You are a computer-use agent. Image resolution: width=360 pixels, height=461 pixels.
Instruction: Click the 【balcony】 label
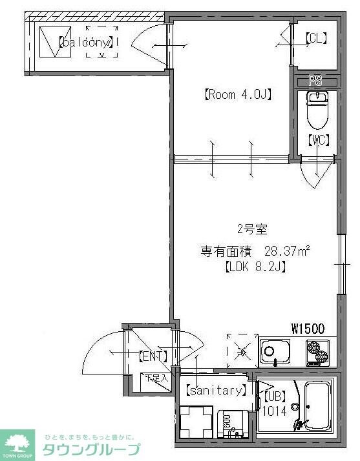(x=87, y=43)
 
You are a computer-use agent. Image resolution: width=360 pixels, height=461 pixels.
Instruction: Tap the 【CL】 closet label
(x=316, y=39)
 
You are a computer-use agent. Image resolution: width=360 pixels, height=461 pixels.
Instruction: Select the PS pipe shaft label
(x=315, y=81)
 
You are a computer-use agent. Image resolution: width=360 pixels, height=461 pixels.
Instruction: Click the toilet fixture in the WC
(x=316, y=109)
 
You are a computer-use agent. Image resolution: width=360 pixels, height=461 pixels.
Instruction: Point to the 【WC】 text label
(x=317, y=139)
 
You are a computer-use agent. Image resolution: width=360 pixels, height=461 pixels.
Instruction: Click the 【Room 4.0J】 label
(x=237, y=95)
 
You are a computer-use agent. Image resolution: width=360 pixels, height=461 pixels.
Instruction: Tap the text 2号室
(x=251, y=229)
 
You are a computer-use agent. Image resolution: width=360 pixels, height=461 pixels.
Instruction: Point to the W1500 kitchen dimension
(x=308, y=329)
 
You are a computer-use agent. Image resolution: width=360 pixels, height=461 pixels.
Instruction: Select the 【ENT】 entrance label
(x=153, y=356)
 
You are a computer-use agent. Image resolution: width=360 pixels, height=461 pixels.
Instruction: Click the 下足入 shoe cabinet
(x=156, y=378)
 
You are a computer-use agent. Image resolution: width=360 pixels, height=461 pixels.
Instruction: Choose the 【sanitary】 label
(x=216, y=390)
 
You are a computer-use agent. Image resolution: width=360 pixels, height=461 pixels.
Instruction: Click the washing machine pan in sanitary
(x=195, y=422)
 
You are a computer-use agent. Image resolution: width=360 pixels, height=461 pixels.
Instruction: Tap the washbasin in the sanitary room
(x=232, y=424)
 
